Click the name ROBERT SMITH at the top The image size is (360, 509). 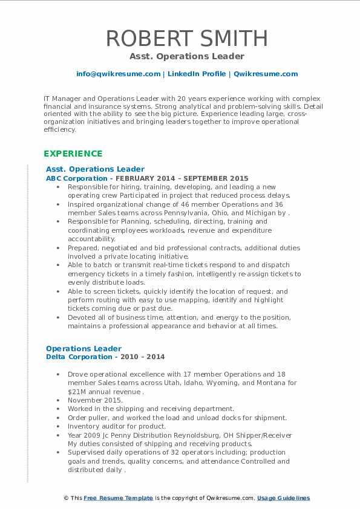[x=186, y=38]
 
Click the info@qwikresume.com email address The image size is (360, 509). [x=118, y=74]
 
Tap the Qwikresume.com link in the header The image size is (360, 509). [x=266, y=74]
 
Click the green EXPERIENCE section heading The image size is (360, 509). [x=73, y=154]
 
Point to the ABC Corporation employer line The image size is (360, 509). [x=147, y=178]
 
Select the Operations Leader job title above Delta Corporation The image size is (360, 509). [x=83, y=348]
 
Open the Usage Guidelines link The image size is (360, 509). [x=283, y=498]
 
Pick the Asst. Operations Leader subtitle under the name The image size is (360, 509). [x=186, y=56]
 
